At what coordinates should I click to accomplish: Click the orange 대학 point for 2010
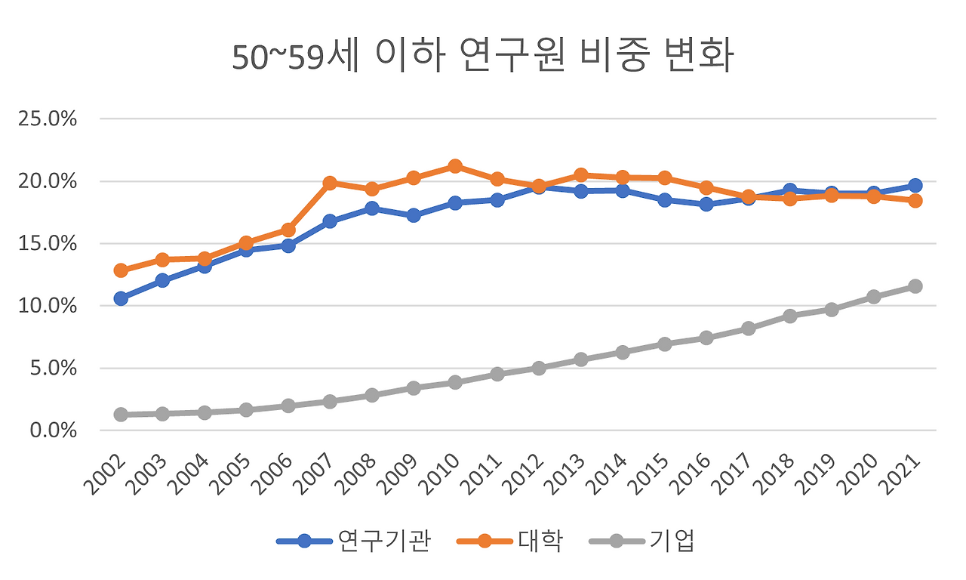455,166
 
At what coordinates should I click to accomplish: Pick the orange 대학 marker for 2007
330,183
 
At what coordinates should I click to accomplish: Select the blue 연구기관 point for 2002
121,298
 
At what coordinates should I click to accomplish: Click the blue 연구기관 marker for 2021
915,185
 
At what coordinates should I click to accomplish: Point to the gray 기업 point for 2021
915,286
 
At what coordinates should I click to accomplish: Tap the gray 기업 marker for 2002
121,415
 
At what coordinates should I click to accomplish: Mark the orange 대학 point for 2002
121,270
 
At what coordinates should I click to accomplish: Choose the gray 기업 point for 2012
539,368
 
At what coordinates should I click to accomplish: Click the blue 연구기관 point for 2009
414,215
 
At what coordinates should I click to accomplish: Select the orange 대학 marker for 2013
580,175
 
